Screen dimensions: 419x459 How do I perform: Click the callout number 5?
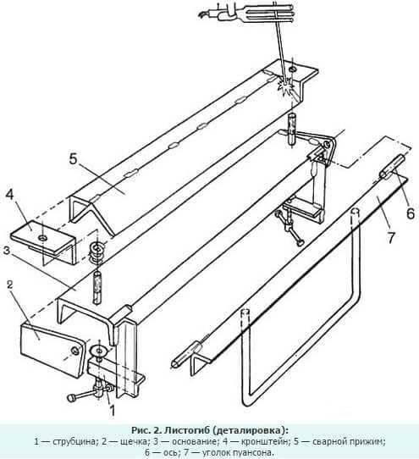73,158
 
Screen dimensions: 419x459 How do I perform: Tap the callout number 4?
9,195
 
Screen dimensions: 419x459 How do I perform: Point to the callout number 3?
7,251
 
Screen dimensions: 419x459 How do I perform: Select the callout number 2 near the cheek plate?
10,285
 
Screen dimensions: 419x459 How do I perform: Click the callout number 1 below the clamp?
112,411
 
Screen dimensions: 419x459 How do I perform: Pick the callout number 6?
411,213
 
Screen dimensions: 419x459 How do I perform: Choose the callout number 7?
391,237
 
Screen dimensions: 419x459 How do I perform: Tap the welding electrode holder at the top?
249,14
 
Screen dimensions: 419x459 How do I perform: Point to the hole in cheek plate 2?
75,351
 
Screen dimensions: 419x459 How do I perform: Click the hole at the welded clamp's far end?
293,69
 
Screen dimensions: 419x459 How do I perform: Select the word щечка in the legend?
133,441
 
